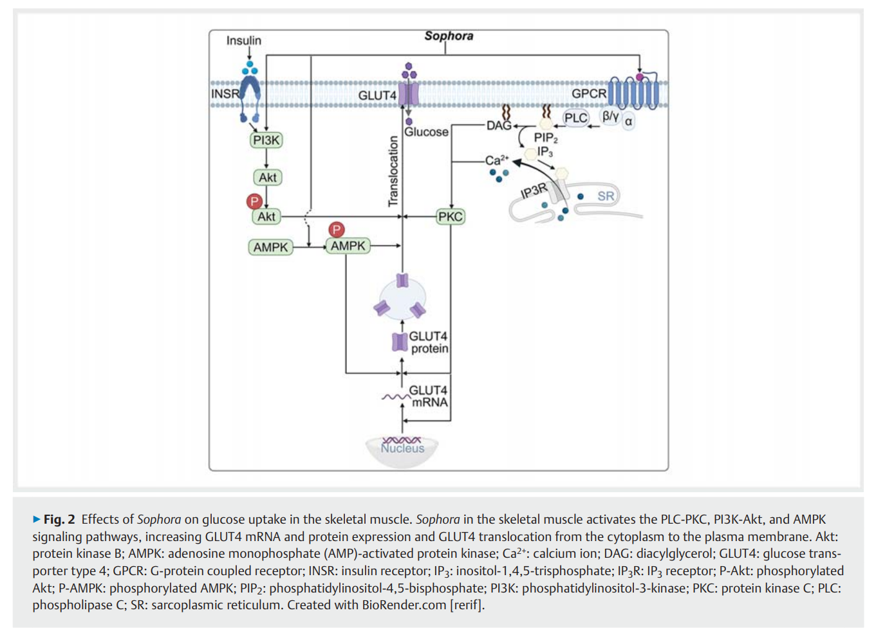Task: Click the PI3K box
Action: tap(266, 140)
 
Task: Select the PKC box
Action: tap(450, 217)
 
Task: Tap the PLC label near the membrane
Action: tap(575, 118)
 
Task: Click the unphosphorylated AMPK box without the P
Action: tap(270, 247)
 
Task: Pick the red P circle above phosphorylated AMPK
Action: tap(336, 230)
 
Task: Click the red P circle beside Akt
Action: tap(254, 201)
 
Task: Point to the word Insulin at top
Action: tap(244, 41)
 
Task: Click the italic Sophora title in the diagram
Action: tap(449, 36)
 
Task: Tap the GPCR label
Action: tap(589, 94)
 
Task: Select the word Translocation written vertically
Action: tap(393, 171)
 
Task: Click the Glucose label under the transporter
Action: tap(426, 132)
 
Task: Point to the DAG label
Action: tap(499, 125)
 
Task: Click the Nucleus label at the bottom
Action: tap(402, 448)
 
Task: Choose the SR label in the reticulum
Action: tap(606, 196)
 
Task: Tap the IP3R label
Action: tap(534, 190)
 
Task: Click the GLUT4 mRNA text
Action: tap(429, 396)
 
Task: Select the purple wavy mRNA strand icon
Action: tap(395, 397)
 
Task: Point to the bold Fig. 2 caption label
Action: tap(59, 519)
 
